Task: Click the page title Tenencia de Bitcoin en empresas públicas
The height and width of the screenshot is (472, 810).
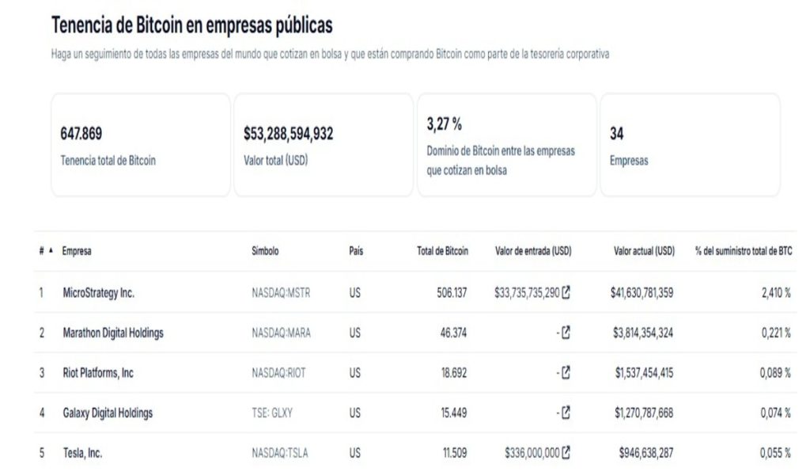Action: coord(191,25)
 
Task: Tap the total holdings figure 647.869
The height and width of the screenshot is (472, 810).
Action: coord(81,134)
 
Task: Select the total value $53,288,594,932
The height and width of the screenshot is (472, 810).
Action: coord(288,134)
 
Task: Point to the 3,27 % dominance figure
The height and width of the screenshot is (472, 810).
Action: coord(444,124)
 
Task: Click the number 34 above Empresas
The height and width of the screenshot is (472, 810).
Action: coord(616,134)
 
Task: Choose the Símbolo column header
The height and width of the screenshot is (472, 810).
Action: coord(265,251)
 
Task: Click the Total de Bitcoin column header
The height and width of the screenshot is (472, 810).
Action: coord(442,251)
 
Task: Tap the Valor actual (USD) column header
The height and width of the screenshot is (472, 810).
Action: coord(644,251)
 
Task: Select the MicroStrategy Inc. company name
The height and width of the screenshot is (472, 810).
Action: coord(98,292)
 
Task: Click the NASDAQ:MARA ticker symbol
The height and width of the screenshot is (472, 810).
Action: coord(281,333)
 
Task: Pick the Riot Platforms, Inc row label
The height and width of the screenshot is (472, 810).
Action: coord(98,373)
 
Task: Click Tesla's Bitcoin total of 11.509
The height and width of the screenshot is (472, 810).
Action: coord(455,453)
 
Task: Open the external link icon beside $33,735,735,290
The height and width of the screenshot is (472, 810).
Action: coord(566,292)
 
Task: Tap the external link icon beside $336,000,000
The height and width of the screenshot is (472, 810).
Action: coord(566,453)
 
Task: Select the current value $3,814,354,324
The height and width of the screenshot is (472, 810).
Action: coord(642,333)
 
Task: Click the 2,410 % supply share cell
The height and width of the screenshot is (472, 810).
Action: coord(776,292)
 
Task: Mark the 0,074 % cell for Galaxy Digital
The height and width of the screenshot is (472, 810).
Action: coord(776,413)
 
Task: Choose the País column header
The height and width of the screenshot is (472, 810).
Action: coord(356,251)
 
